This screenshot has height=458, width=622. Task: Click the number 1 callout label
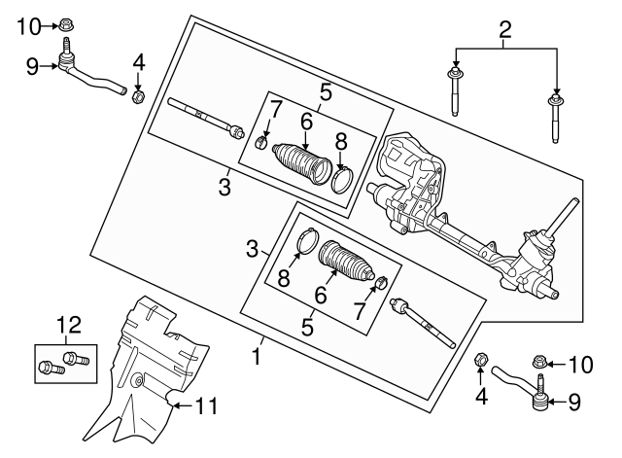click(x=257, y=356)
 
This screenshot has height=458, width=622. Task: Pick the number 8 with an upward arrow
click(x=284, y=278)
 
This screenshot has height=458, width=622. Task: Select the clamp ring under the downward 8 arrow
click(x=342, y=180)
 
